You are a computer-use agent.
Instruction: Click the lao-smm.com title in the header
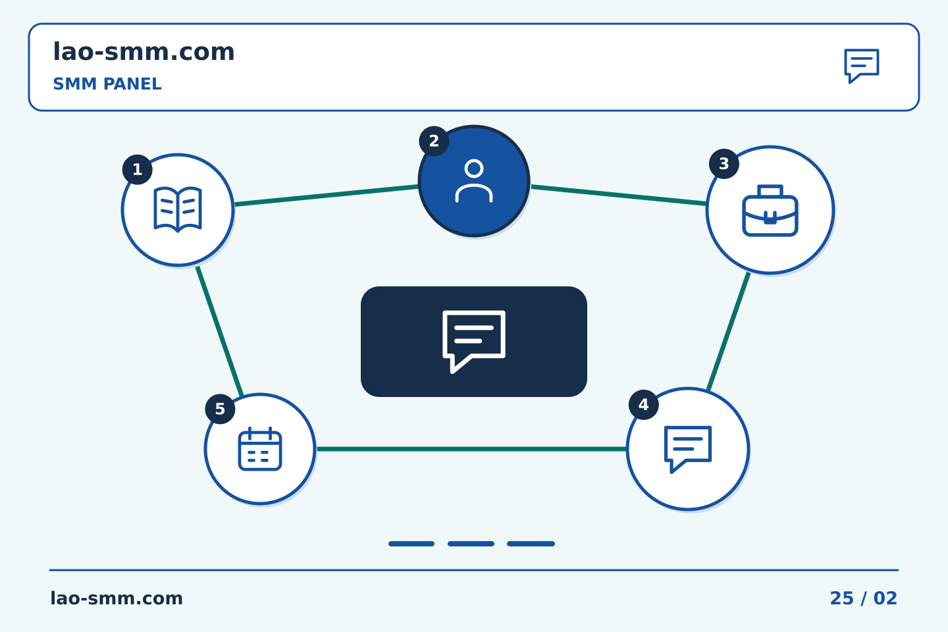144,52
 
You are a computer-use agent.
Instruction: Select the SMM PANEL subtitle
107,84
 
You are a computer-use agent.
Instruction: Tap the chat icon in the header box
862,66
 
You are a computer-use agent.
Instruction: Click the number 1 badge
137,170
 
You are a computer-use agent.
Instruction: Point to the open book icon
178,209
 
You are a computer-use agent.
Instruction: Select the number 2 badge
434,141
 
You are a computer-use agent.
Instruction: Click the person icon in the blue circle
474,181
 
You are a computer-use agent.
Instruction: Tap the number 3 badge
724,164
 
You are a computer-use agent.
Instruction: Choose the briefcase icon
770,211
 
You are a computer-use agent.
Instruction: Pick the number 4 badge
644,405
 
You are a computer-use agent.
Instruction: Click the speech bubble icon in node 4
688,450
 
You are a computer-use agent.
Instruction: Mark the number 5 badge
220,409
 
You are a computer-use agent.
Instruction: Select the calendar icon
260,449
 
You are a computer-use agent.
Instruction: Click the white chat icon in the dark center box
474,342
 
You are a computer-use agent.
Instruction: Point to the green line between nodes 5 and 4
471,449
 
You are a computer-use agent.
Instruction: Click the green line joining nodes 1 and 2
327,196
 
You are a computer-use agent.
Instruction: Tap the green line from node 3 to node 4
728,331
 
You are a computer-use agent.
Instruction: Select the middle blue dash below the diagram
471,544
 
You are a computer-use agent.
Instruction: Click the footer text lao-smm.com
117,598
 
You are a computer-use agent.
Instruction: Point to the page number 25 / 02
863,598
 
